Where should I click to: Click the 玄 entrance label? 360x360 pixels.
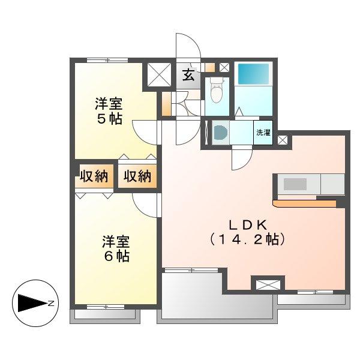click(x=188, y=76)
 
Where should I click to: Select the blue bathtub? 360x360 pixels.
click(x=253, y=74)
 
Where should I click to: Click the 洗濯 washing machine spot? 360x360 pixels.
click(x=263, y=133)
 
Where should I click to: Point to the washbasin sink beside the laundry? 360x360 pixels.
click(x=220, y=133)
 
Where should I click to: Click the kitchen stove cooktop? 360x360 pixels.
click(x=295, y=184)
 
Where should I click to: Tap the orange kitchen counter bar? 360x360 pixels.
click(x=304, y=203)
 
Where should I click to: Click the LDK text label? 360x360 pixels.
click(x=248, y=225)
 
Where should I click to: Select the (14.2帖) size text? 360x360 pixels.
click(x=247, y=239)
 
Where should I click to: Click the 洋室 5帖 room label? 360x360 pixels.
click(x=109, y=111)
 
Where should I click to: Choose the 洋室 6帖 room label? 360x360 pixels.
click(x=116, y=249)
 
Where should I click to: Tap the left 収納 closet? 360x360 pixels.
click(x=94, y=176)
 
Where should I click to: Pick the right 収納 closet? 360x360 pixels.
click(x=137, y=176)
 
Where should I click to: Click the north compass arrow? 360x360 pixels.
click(x=32, y=303)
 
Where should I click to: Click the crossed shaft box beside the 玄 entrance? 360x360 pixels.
click(x=160, y=74)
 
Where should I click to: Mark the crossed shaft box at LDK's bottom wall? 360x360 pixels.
click(x=268, y=284)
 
